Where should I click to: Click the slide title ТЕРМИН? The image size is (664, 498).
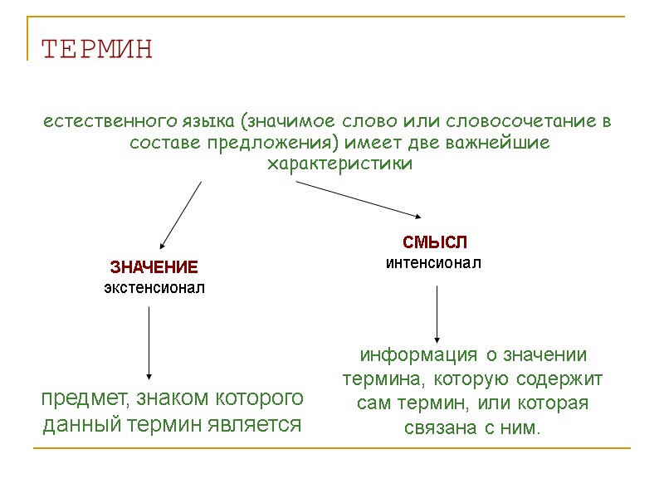(x=97, y=49)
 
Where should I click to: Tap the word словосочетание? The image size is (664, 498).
(x=520, y=122)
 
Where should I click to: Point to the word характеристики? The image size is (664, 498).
(x=339, y=164)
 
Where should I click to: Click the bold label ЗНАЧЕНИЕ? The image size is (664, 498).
(x=154, y=268)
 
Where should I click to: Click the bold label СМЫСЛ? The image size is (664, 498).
(x=435, y=242)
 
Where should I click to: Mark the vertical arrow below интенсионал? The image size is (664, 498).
(x=436, y=315)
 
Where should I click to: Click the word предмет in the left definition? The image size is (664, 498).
(x=80, y=399)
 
